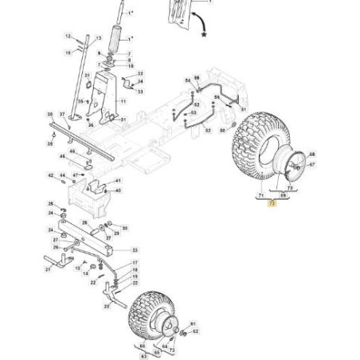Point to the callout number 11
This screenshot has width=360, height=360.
(123, 102)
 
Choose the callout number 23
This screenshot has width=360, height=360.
(134, 250)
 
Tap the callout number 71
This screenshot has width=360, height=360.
(259, 194)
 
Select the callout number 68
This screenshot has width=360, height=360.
(311, 154)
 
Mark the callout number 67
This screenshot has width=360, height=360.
(311, 165)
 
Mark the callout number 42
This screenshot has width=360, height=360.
(50, 175)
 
